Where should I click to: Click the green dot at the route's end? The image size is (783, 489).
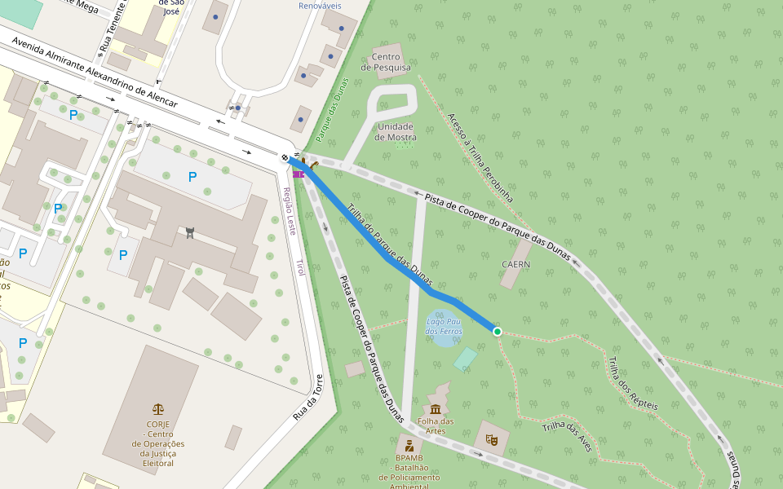(497, 331)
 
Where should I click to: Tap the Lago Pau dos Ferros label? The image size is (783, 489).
(445, 327)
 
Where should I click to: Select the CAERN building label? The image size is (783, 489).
(515, 264)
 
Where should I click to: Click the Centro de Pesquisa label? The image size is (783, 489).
(391, 62)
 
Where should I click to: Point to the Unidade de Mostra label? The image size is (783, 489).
(395, 132)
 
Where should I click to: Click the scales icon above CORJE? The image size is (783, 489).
(157, 409)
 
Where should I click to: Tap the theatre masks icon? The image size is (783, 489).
(492, 438)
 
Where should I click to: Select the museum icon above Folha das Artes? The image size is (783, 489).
(435, 408)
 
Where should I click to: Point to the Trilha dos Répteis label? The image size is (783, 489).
(633, 383)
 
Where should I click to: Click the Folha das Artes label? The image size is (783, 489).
(436, 426)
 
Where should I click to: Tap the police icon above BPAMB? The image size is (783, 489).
(409, 446)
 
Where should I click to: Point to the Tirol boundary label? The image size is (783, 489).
(299, 267)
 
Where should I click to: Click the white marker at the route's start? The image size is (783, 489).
(285, 157)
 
